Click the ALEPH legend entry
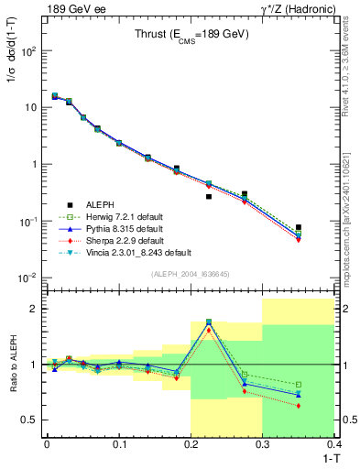tap(103, 205)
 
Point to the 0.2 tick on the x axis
tap(191, 443)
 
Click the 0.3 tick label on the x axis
tap(263, 443)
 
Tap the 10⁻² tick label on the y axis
tap(29, 278)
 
